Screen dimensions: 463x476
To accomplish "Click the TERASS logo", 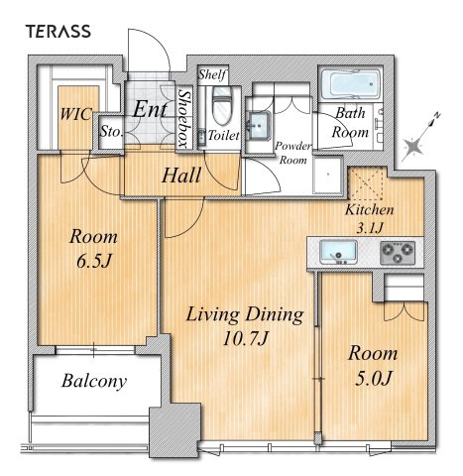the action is (x=58, y=31).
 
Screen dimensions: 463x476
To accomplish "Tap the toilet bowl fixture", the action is (x=222, y=105).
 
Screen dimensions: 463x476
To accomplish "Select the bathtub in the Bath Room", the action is (x=350, y=84).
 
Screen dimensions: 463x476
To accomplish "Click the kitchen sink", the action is (x=338, y=253).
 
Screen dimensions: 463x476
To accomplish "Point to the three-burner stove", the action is (x=398, y=253).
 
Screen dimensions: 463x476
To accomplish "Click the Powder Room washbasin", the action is (x=259, y=125).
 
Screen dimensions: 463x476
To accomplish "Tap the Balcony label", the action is (x=94, y=381).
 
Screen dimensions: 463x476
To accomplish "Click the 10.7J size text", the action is (x=245, y=338).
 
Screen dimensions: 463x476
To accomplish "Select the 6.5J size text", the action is (x=93, y=261).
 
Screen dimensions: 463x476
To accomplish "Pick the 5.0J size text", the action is (x=374, y=378).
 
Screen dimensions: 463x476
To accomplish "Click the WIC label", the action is (x=75, y=114).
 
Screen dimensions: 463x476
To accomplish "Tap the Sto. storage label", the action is (x=112, y=132).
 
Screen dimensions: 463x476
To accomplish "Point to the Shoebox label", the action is (x=183, y=118).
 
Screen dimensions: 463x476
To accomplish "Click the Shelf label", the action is (x=212, y=74).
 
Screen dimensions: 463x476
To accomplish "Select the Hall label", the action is (x=181, y=176).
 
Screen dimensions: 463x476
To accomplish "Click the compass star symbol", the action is (x=413, y=146).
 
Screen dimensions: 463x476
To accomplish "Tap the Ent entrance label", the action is (x=150, y=109).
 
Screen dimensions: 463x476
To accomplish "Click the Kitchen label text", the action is (x=370, y=209).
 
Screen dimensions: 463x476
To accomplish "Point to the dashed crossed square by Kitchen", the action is (x=367, y=183).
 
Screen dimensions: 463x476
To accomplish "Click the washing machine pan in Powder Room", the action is (x=327, y=175).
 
